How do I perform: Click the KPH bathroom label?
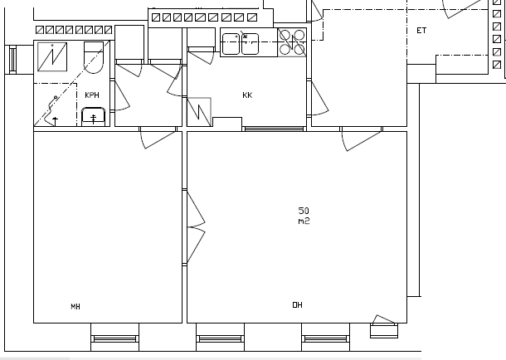click(x=92, y=95)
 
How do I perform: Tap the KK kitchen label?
click(x=247, y=95)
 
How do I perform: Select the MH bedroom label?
click(x=75, y=306)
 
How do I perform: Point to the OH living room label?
click(x=297, y=305)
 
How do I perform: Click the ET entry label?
click(x=421, y=31)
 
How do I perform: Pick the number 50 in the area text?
click(x=304, y=211)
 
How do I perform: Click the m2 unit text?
click(x=304, y=221)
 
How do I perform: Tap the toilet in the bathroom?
click(x=94, y=57)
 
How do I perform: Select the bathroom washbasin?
click(x=93, y=117)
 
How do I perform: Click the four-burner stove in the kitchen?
click(x=292, y=42)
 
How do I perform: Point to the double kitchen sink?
click(x=241, y=44)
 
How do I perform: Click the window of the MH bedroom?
click(x=114, y=338)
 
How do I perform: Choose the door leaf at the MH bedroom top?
click(x=159, y=139)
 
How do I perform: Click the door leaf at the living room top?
click(x=362, y=141)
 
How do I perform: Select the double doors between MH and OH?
click(x=196, y=227)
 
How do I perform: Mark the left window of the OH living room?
click(x=221, y=338)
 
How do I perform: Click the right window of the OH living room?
click(x=326, y=338)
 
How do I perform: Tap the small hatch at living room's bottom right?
click(x=384, y=327)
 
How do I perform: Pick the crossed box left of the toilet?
click(x=52, y=56)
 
